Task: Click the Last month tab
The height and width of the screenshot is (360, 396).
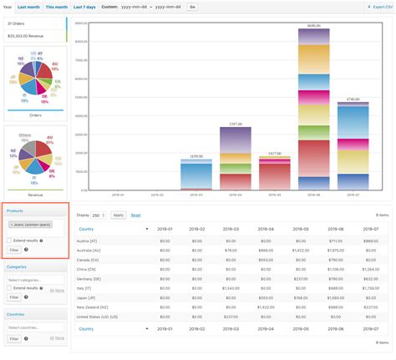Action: click(28, 7)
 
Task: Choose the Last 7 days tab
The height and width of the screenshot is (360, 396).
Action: click(85, 7)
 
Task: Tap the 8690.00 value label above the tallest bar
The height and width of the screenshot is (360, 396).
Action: click(314, 27)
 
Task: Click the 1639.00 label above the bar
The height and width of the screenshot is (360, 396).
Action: click(196, 156)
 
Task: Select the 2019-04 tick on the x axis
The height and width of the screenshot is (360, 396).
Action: click(236, 195)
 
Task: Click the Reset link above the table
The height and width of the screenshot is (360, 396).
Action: click(135, 215)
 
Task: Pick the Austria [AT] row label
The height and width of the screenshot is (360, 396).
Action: click(91, 240)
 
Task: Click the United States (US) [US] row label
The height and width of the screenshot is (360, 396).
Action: click(99, 317)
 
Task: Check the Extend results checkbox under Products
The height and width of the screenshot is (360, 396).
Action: click(9, 240)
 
